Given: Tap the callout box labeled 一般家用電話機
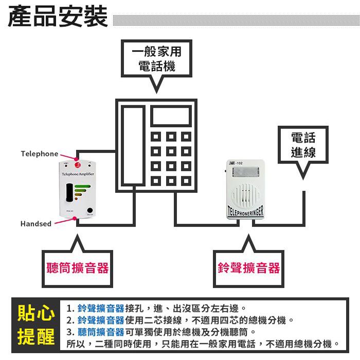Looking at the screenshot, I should pyautogui.click(x=157, y=59).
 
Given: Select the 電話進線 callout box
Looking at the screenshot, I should pyautogui.click(x=303, y=145).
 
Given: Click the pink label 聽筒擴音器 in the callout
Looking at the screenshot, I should pyautogui.click(x=77, y=267).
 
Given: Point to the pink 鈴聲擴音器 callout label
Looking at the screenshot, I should pyautogui.click(x=248, y=267).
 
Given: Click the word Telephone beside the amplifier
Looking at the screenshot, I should pyautogui.click(x=40, y=154).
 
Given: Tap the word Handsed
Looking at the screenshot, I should pyautogui.click(x=36, y=224).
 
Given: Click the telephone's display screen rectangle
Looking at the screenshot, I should pyautogui.click(x=171, y=118).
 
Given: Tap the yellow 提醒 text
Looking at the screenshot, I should pyautogui.click(x=36, y=337).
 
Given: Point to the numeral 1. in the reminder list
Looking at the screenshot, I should pyautogui.click(x=71, y=309).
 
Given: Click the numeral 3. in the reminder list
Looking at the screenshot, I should pyautogui.click(x=71, y=332).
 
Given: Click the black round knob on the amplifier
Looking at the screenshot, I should pyautogui.click(x=91, y=210).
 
